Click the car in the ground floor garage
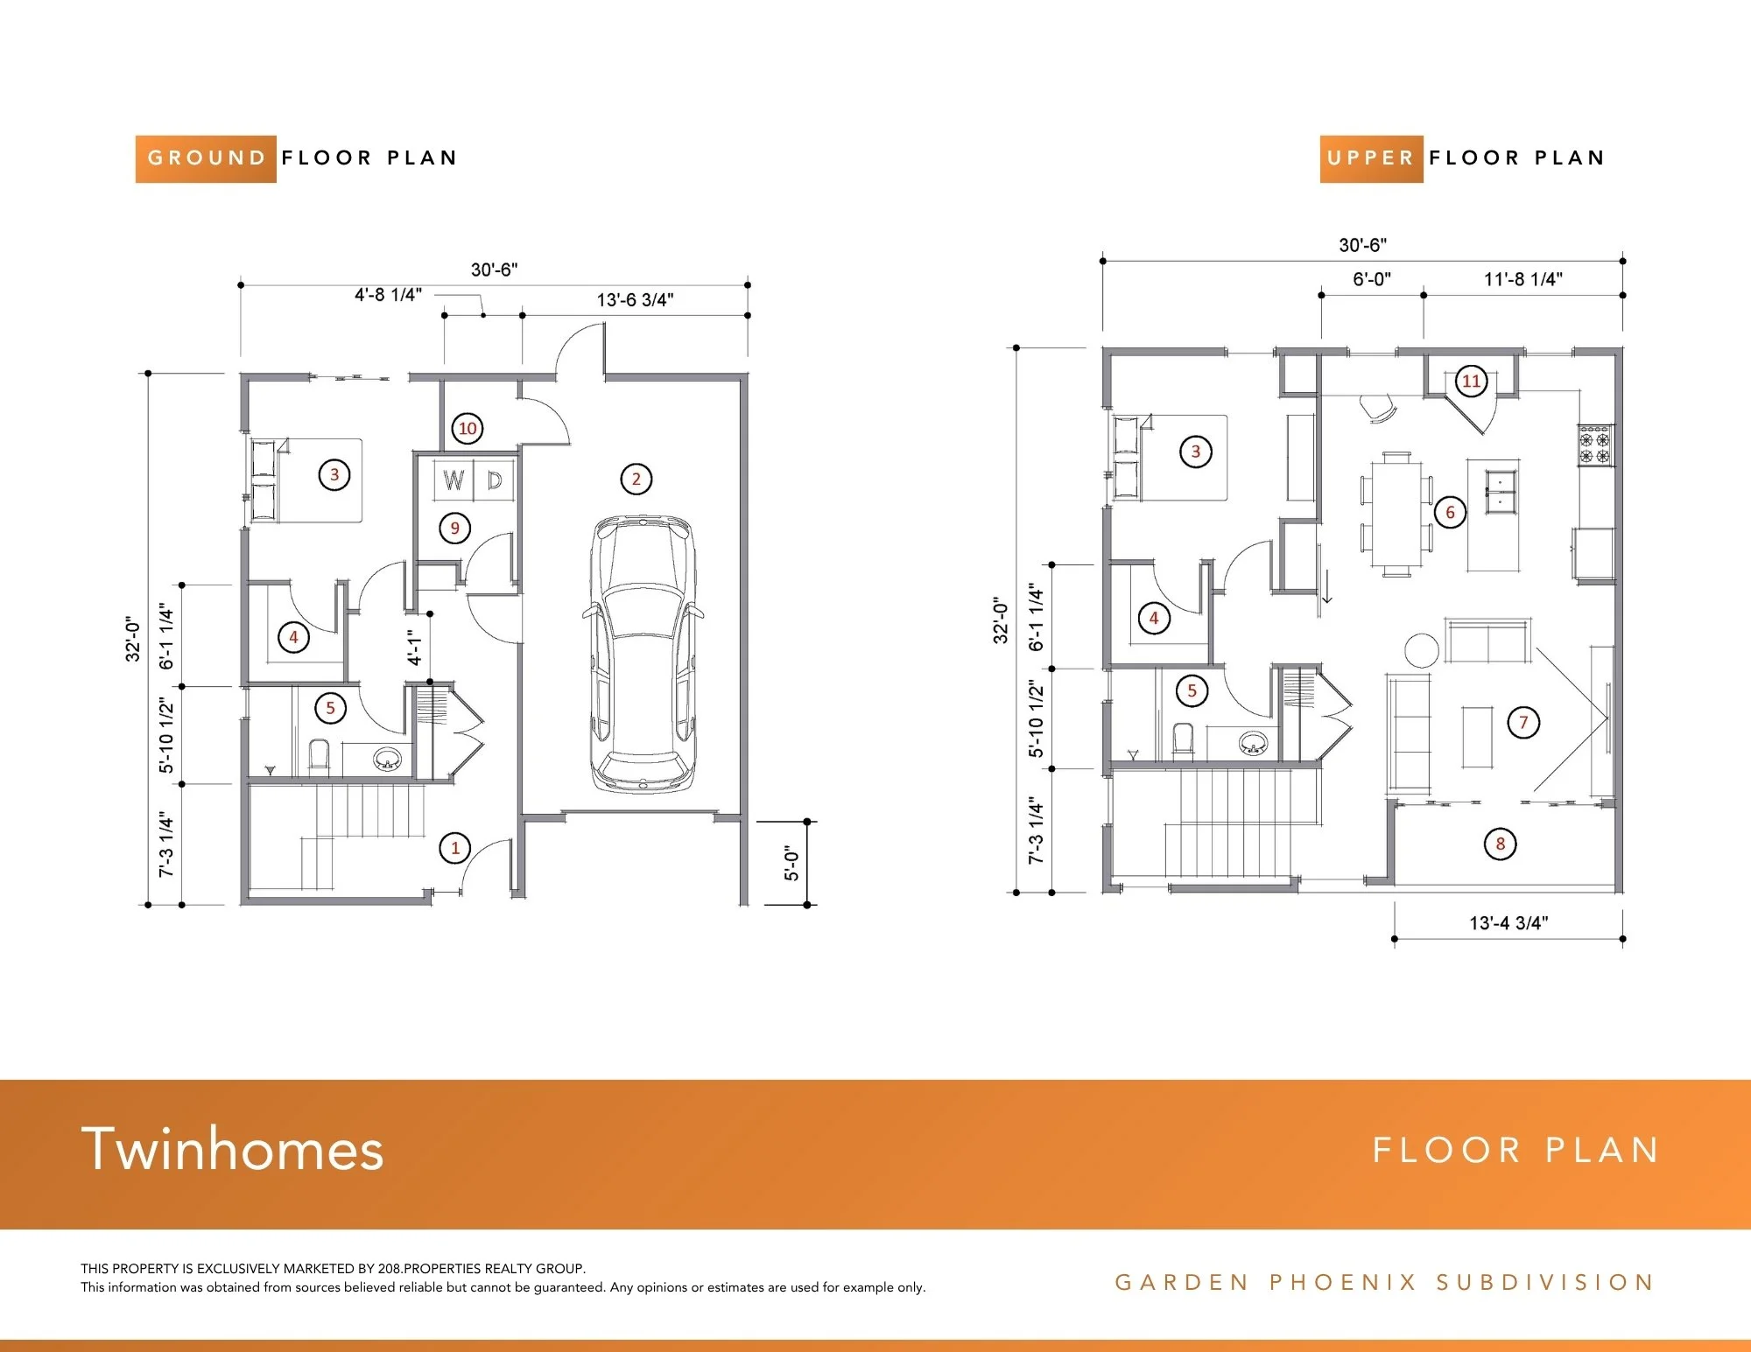(641, 655)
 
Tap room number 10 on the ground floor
(468, 428)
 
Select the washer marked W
(454, 480)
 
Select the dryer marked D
(495, 480)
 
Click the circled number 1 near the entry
(454, 847)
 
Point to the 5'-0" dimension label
(791, 863)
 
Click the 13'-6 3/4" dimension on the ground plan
(636, 300)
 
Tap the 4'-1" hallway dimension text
(415, 647)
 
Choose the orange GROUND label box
(206, 158)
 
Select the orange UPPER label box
(1371, 158)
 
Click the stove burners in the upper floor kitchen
(1594, 445)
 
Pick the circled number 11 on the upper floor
(1471, 381)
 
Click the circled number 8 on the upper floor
(1500, 844)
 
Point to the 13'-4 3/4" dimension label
(1508, 922)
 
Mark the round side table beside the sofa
(1422, 650)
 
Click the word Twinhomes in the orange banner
(233, 1149)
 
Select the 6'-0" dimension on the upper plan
(1371, 279)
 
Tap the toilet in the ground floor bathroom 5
(319, 757)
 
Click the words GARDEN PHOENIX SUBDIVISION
(1384, 1282)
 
